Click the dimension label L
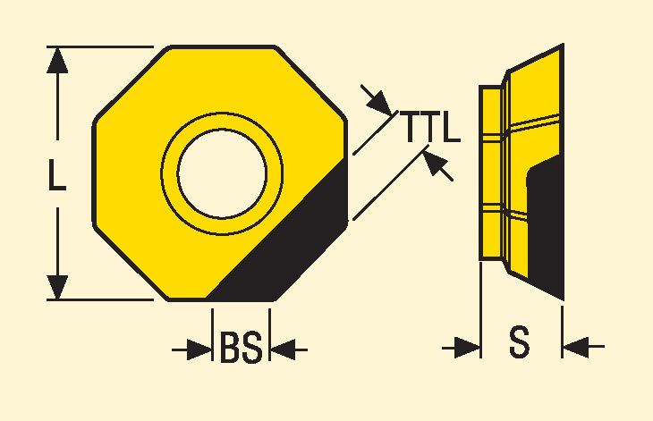pyautogui.click(x=57, y=174)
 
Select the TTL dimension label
pyautogui.click(x=430, y=126)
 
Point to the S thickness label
pyautogui.click(x=520, y=342)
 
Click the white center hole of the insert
pyautogui.click(x=222, y=173)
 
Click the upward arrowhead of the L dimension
pyautogui.click(x=57, y=61)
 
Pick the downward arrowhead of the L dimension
pyautogui.click(x=57, y=287)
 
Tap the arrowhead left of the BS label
pyautogui.click(x=199, y=349)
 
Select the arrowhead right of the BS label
pyautogui.click(x=283, y=349)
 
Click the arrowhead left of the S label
pyautogui.click(x=468, y=348)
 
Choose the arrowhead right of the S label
pyautogui.click(x=575, y=347)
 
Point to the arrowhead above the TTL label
pyautogui.click(x=381, y=103)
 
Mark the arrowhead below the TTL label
pyautogui.click(x=435, y=163)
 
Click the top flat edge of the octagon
pyautogui.click(x=222, y=47)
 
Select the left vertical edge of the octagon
pyautogui.click(x=94, y=173)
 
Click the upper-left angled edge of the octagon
pyautogui.click(x=131, y=84)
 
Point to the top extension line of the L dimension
pyautogui.click(x=100, y=47)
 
